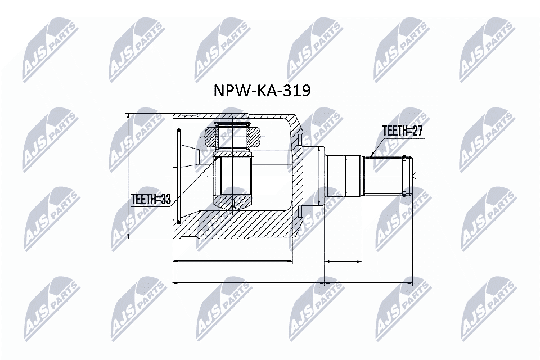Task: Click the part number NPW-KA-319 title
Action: [260, 91]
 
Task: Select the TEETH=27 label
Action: [402, 132]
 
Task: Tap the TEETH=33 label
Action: [150, 199]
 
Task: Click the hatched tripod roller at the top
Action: [233, 135]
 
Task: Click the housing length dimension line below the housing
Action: [232, 262]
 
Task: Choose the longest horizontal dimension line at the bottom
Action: [292, 282]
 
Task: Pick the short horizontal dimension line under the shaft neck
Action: [343, 262]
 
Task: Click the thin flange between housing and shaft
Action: [322, 175]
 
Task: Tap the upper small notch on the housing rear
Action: [301, 139]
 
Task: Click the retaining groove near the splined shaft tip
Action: [404, 175]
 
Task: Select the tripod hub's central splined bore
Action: [233, 175]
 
